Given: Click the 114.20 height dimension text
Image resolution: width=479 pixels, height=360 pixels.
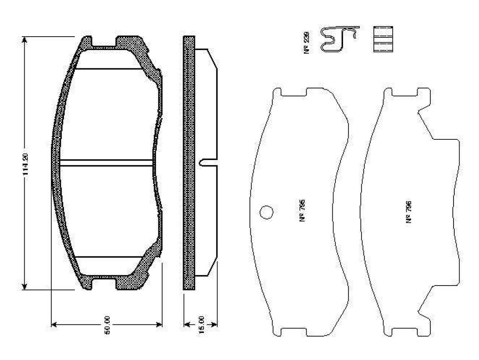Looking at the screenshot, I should click(x=25, y=163).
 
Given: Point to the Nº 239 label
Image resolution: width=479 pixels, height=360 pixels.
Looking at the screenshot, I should click(x=306, y=43).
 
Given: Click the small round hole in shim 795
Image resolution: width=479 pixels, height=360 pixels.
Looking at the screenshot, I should click(x=266, y=212).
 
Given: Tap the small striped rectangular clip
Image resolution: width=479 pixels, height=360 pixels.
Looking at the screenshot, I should click(x=383, y=39).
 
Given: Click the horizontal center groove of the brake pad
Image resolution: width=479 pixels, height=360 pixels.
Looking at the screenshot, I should click(x=107, y=163).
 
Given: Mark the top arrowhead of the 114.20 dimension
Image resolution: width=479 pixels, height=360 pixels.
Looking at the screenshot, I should click(x=25, y=40).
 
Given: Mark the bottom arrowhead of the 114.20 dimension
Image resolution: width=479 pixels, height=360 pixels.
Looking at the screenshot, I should click(x=25, y=286).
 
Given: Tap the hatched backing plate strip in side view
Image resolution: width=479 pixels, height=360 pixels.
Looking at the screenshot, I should click(x=189, y=163).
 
